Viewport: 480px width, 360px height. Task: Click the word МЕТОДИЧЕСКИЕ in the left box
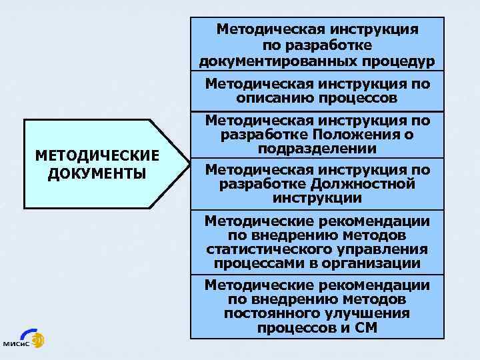[97, 155]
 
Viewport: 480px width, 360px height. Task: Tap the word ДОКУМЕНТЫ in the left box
[97, 173]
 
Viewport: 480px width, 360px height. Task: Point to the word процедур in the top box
[404, 61]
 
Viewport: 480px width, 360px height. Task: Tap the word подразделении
[317, 147]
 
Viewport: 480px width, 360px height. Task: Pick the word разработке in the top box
[317, 45]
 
